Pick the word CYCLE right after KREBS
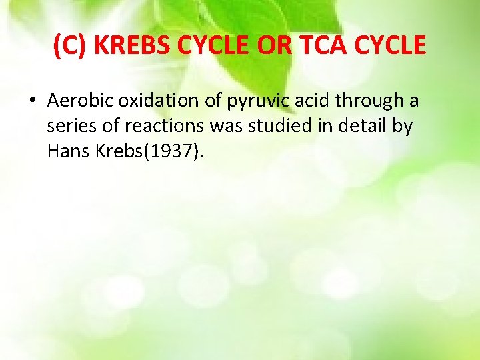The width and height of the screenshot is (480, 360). tap(208, 45)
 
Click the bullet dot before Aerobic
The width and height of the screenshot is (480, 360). tap(32, 101)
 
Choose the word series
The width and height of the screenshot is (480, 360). tap(70, 127)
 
